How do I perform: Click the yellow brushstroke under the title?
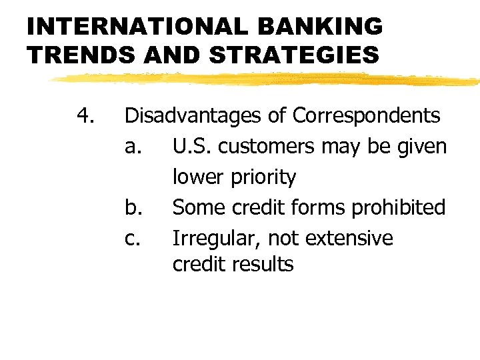click(267, 79)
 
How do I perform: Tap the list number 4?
click(85, 116)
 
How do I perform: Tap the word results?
click(263, 264)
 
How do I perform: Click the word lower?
click(198, 177)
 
